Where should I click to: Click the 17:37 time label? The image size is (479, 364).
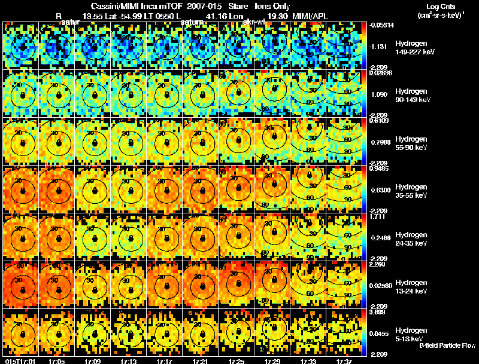pos(344,360)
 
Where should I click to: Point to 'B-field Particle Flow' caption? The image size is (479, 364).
pos(447,345)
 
